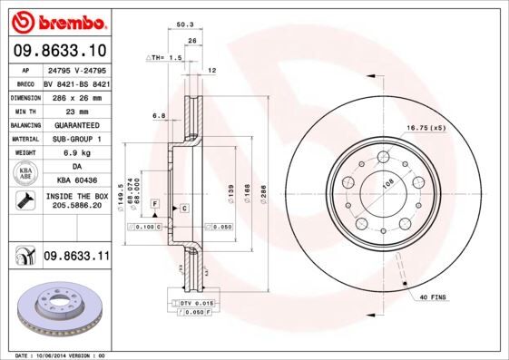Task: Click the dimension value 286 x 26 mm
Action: (x=76, y=96)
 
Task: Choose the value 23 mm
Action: (x=76, y=111)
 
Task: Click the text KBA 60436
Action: (x=76, y=181)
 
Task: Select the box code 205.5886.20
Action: (x=76, y=207)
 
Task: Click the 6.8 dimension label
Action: (x=159, y=115)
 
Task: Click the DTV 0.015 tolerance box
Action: (x=192, y=301)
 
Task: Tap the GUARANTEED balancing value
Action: (x=76, y=125)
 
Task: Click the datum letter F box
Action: (x=155, y=203)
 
